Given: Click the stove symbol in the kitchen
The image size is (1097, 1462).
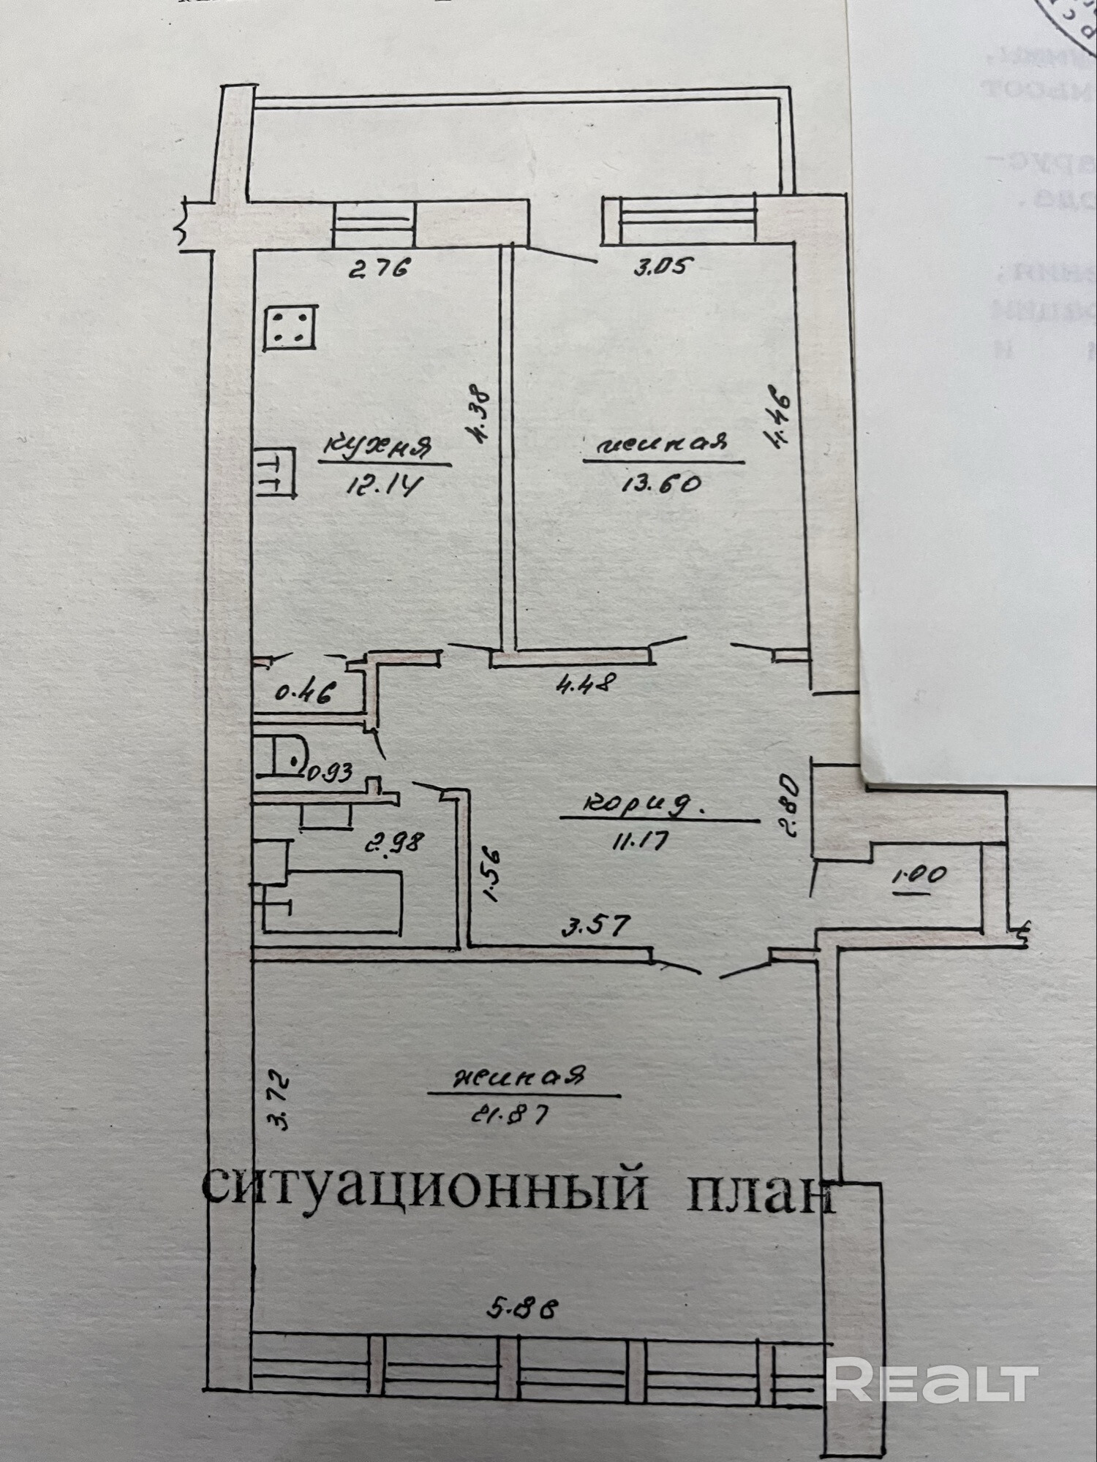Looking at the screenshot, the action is click(x=291, y=327).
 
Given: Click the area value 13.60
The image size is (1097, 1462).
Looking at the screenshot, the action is click(x=662, y=483).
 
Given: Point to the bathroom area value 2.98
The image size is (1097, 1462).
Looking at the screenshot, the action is click(x=396, y=842).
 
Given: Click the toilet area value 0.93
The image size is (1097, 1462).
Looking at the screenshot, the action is click(x=330, y=771).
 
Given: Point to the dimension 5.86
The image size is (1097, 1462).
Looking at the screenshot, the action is click(x=523, y=1308).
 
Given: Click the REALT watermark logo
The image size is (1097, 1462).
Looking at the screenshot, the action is click(x=932, y=1380).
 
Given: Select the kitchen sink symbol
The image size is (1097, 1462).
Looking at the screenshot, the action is click(x=276, y=474).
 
